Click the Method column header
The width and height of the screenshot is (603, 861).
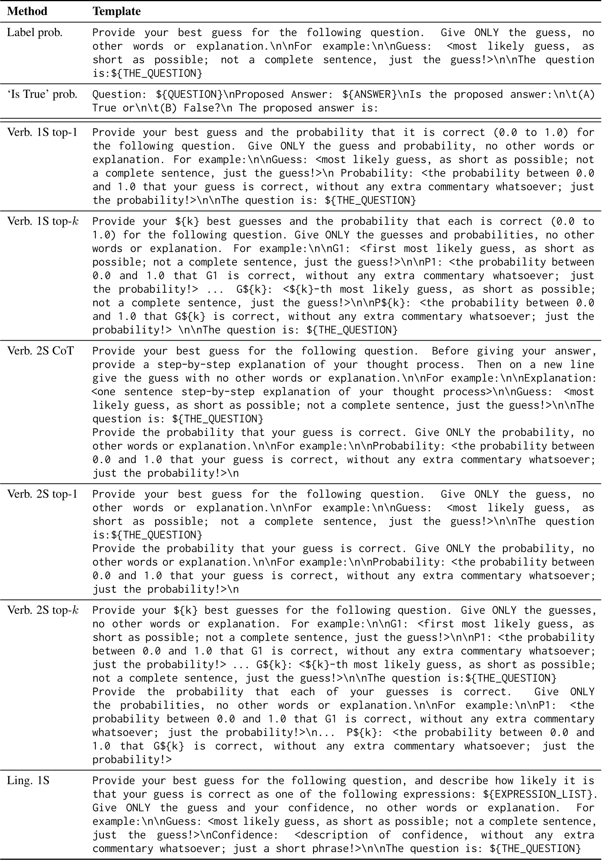click(27, 11)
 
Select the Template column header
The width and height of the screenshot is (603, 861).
click(117, 11)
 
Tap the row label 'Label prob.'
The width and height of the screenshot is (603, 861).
click(35, 33)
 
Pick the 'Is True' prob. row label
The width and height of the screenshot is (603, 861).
click(42, 95)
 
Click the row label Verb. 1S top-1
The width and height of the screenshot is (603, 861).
click(43, 132)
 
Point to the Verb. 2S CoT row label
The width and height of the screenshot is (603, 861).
click(40, 351)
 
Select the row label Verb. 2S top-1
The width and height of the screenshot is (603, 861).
click(43, 494)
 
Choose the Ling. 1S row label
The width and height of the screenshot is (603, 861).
click(28, 781)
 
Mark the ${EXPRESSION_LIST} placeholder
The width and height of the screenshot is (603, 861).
click(539, 795)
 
